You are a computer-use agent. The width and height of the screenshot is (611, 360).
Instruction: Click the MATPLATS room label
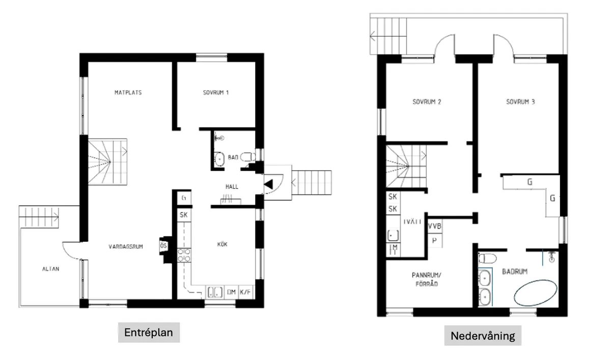point(128,93)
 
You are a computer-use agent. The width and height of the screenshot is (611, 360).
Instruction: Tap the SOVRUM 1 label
point(216,93)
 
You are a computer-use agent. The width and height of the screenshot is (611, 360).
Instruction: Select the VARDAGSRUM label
point(125,247)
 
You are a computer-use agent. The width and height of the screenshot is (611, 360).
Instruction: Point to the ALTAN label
point(50,269)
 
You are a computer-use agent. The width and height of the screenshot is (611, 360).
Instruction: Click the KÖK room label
point(223,245)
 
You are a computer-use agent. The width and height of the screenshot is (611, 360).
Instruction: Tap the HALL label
point(232,187)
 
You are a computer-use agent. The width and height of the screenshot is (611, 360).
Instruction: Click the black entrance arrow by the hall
point(268,184)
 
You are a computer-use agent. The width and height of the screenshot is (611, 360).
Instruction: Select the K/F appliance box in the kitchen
point(246,292)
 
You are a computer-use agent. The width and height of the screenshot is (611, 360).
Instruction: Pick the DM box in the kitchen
point(231,292)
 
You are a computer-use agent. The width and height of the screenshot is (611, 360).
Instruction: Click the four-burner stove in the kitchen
point(184,255)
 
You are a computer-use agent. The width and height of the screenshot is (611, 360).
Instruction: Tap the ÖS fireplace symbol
point(164,246)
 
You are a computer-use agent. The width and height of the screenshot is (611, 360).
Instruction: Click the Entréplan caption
point(149,333)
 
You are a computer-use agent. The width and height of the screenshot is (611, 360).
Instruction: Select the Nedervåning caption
point(482,336)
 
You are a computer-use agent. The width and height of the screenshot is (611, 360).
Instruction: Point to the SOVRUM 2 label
point(426,102)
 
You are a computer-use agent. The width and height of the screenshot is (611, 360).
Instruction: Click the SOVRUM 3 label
point(520,102)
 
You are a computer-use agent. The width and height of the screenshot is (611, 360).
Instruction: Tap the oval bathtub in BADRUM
point(535,292)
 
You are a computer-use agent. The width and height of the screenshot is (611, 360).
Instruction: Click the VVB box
point(434,226)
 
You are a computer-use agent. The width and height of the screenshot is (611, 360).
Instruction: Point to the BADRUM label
point(514,271)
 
